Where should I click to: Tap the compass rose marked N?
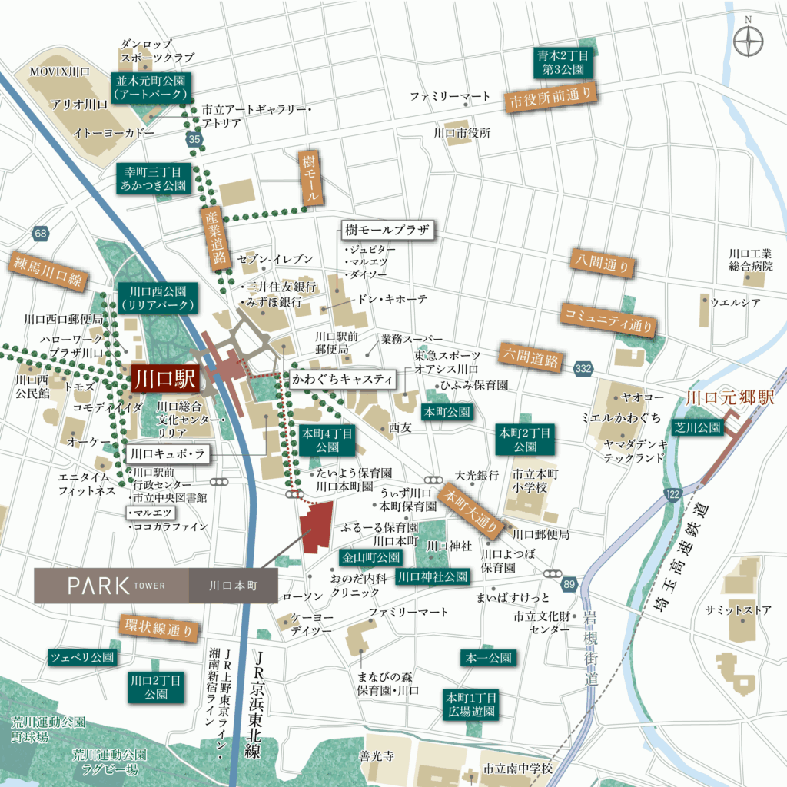coord(748,42)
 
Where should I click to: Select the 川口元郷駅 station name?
coord(730,398)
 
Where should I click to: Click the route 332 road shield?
coord(583,370)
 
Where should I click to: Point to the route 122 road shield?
coord(674,493)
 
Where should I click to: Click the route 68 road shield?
coord(41,232)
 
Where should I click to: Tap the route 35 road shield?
coord(194,139)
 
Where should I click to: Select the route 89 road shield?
coord(568,585)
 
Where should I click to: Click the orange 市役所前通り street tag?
coord(551,100)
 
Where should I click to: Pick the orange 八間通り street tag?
coord(603,263)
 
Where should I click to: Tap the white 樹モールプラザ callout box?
coord(385,231)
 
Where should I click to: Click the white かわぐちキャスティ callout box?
coord(343,379)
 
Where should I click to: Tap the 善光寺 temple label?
coord(377,757)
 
